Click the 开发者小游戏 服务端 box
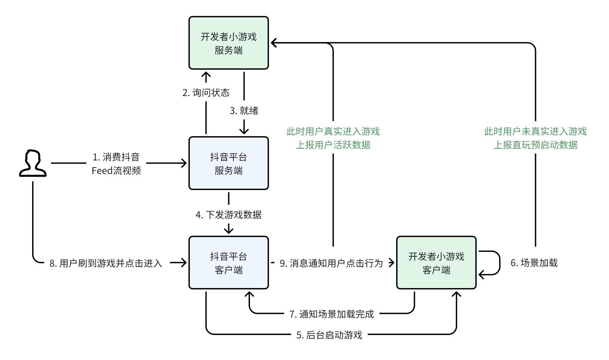coord(229,43)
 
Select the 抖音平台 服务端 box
coord(229,163)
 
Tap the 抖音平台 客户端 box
coord(229,263)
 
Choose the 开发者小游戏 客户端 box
coord(436,263)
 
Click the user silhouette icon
coord(32,163)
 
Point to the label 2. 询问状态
coord(206,93)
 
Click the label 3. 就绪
coord(244,111)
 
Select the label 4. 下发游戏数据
coord(229,215)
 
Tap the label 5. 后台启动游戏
coord(329,335)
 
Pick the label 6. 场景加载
coord(534,263)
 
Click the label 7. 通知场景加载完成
coord(332,314)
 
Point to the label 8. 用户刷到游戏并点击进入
coord(106,263)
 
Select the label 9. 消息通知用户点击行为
coord(331,263)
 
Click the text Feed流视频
coord(116,171)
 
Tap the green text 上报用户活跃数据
coord(333,145)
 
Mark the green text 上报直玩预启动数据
coord(535,145)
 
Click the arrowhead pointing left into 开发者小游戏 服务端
coord(274,43)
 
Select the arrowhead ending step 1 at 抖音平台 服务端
coord(184,163)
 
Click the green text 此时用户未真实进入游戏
coord(535,131)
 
